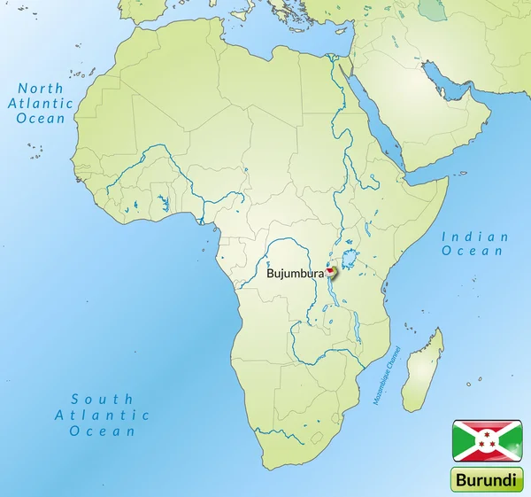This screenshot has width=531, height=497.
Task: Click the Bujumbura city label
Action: (295, 275)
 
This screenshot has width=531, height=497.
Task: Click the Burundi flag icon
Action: (488, 440)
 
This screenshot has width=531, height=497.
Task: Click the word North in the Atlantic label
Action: (41, 89)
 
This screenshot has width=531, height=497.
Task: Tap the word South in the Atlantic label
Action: (102, 400)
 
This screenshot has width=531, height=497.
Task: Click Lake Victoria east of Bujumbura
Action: (350, 260)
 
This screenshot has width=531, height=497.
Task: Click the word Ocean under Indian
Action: (475, 252)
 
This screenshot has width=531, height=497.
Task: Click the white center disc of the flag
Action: (488, 440)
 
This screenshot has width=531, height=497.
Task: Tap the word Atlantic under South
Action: (102, 415)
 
